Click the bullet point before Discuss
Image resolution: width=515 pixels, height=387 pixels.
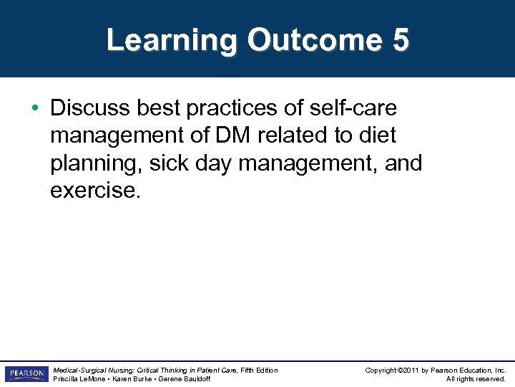click(35, 108)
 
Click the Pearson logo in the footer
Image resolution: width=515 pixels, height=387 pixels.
click(25, 374)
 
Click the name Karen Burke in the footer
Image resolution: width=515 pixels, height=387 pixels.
click(135, 378)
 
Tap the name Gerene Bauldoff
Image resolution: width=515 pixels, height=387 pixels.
click(186, 378)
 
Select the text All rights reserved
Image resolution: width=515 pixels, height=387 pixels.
click(476, 378)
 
